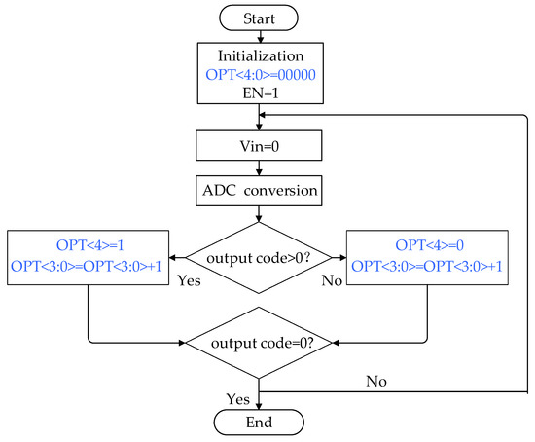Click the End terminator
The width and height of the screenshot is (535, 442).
click(260, 424)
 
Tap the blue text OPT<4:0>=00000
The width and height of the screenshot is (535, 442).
click(260, 75)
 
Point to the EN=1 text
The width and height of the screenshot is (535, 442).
click(260, 92)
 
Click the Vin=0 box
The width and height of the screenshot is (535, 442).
click(260, 149)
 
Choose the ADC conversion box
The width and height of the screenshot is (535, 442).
click(260, 191)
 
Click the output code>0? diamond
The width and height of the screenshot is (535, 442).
click(260, 257)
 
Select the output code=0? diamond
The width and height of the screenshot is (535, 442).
click(260, 343)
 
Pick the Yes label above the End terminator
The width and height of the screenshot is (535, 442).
click(236, 399)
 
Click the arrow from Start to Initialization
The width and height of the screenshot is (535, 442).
click(260, 36)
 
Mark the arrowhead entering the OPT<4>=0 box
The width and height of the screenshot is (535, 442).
click(341, 257)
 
